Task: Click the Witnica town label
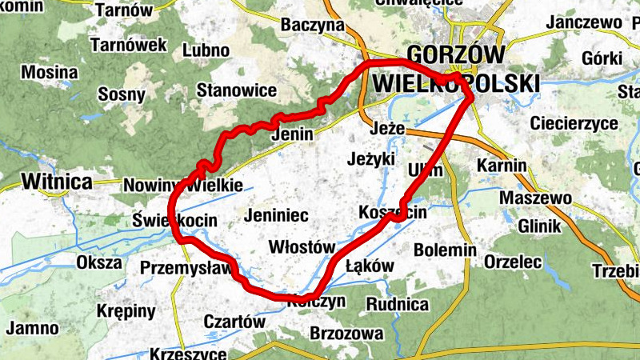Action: [x=57, y=181]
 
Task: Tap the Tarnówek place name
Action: [x=128, y=45]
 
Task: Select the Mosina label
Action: [x=50, y=73]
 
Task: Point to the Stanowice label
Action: [x=237, y=90]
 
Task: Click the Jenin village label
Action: [x=292, y=134]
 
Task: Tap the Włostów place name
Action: [x=301, y=246]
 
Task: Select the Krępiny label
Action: [x=126, y=310]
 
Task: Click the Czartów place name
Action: [x=234, y=322]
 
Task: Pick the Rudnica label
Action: [x=397, y=304]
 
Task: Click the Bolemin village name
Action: [x=445, y=250]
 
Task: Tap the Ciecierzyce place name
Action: [x=574, y=124]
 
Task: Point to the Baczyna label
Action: [x=312, y=26]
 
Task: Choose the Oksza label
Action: [x=99, y=262]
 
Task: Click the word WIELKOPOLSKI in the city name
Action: [x=456, y=83]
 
